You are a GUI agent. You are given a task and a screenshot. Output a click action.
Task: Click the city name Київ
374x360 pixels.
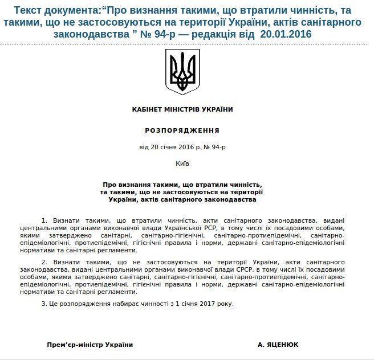[x=182, y=163]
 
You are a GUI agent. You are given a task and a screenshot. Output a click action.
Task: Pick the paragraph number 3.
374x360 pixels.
[x=44, y=303]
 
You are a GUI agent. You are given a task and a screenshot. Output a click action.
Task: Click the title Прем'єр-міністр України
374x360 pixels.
[x=90, y=345]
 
